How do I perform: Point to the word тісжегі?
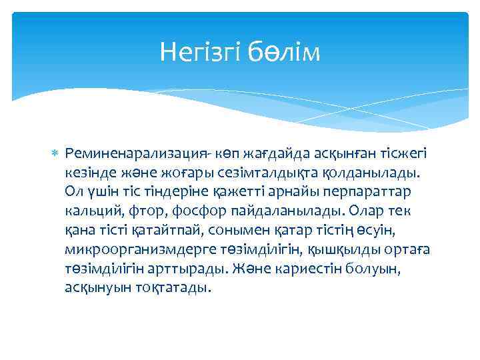coord(405,154)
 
